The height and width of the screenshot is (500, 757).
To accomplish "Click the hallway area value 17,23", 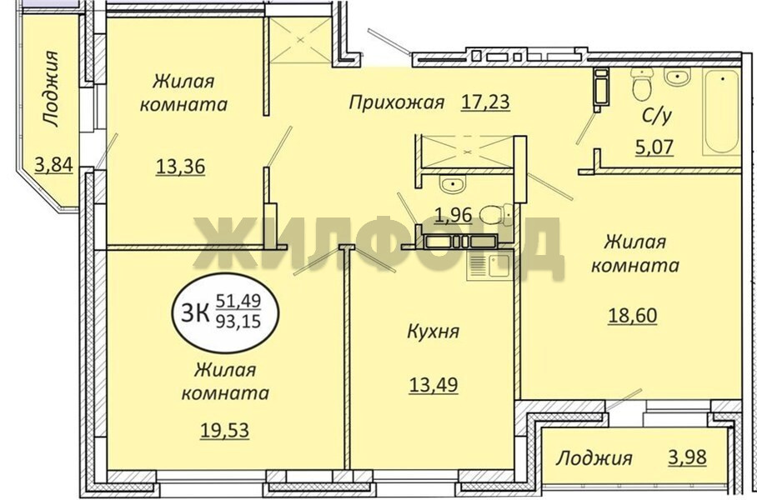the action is coord(485,102).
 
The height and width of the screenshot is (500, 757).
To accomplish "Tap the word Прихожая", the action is coord(396,102).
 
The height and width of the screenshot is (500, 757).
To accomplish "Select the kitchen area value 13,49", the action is coord(434,385).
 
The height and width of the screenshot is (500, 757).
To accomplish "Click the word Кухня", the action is coord(434,332).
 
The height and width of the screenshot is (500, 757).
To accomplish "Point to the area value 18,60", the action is coord(633,316).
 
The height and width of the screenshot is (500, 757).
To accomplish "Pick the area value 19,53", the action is coord(224,429).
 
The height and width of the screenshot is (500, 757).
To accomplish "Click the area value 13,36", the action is coord(181,167).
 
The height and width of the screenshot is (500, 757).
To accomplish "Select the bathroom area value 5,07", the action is coord(654,146).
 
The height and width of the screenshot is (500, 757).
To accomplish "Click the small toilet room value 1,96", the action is coord(453,215).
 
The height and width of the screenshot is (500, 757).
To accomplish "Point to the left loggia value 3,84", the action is coord(53,164).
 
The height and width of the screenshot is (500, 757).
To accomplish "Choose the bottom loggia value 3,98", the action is coord(688,457).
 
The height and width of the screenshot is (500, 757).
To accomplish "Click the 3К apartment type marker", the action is coord(195,313).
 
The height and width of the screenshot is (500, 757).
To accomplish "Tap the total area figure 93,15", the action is coord(238,321).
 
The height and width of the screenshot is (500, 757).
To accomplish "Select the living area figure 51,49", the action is coord(238,301).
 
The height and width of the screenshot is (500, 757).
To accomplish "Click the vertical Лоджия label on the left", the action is coord(50,89).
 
